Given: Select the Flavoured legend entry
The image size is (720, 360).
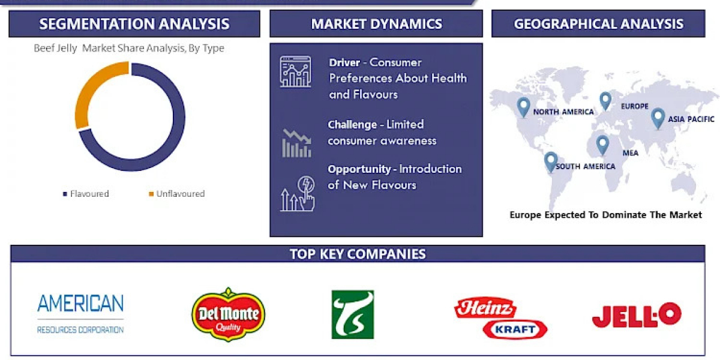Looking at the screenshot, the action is point(86,194).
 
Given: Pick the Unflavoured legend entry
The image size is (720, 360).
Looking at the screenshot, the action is point(177,194).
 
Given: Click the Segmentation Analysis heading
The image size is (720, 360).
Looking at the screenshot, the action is point(134,24).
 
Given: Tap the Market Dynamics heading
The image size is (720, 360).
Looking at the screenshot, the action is point(376,24).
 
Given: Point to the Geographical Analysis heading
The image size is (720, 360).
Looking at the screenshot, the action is point(599,24).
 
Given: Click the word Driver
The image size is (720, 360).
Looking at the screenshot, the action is point(344,62).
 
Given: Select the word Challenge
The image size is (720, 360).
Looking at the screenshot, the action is point(352,125).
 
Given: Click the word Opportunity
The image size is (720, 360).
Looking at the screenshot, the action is point(359,169).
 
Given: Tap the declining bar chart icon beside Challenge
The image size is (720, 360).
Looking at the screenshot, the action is point(296,143).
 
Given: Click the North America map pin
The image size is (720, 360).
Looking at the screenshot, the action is point(523,107).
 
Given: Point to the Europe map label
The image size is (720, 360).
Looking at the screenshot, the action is point(635,106).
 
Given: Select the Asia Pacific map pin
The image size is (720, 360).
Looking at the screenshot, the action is point(658,119).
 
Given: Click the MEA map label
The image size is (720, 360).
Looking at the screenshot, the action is point(631,153).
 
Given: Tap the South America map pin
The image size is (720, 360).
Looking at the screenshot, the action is point(551,161).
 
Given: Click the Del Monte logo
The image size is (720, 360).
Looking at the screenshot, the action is point(228,314).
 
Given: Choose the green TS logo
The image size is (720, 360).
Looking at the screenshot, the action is point(353,314).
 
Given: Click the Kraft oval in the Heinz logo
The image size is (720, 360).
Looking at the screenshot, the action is point(515,329).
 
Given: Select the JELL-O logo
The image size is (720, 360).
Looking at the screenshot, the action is point(637,315).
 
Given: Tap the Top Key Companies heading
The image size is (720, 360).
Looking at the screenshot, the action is point(358,254).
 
